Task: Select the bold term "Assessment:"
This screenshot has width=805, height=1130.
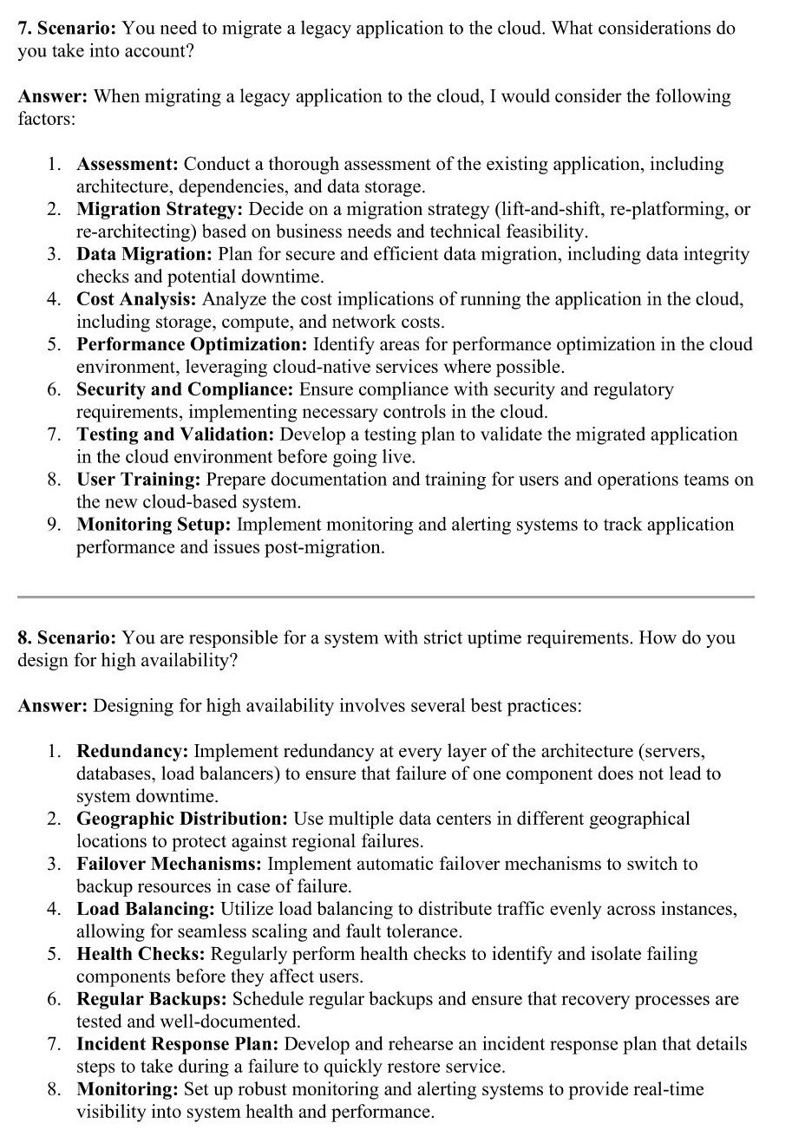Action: tap(128, 165)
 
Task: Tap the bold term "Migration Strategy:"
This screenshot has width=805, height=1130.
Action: tap(160, 210)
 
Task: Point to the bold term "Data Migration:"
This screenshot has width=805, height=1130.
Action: tap(144, 255)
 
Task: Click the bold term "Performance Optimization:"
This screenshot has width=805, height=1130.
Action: tap(192, 345)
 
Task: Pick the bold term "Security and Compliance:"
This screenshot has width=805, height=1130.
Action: tap(185, 390)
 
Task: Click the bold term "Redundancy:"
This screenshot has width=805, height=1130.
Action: tap(133, 751)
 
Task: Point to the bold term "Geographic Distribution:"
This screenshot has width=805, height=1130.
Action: tap(182, 820)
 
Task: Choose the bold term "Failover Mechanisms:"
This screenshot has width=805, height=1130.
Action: tap(169, 865)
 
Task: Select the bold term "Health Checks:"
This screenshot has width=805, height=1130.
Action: tap(141, 955)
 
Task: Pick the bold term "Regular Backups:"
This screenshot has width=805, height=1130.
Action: tap(152, 1000)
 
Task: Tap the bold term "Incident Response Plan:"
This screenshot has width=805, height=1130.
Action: tap(178, 1045)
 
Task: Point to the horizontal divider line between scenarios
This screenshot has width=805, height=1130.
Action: tap(386, 597)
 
